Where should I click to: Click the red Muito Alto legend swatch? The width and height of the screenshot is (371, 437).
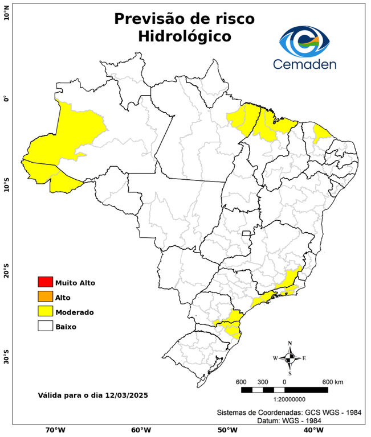(45, 282)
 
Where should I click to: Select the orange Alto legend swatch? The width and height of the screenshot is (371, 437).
(45, 296)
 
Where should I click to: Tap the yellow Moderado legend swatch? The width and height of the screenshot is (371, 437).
(45, 311)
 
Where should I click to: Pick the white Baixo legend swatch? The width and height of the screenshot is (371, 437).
(45, 326)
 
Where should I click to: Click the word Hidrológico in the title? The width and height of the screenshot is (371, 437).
(185, 36)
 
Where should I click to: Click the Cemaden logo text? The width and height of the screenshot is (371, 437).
(305, 64)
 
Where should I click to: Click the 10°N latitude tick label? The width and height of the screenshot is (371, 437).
(6, 13)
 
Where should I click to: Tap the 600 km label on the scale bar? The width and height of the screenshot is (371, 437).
(332, 381)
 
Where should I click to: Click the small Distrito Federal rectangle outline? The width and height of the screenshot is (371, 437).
(247, 233)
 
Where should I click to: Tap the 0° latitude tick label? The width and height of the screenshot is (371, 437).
(6, 99)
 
